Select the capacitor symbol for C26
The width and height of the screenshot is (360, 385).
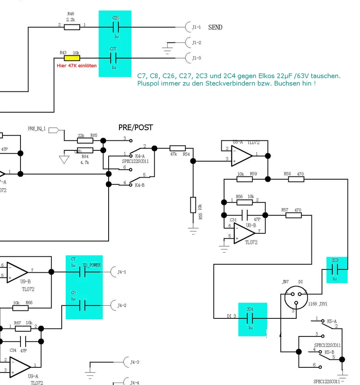115,27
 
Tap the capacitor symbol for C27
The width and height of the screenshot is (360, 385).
113,58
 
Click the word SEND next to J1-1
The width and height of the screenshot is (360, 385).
215,27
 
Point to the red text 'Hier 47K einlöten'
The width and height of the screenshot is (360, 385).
77,65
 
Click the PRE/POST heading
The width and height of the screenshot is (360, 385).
136,128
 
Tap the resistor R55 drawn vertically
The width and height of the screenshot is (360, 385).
193,205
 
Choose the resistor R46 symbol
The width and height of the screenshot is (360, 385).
72,27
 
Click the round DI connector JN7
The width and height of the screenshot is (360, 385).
296,297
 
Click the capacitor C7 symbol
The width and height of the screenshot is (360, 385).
83,272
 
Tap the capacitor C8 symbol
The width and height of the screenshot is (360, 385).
83,306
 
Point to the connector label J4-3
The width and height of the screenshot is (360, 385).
134,362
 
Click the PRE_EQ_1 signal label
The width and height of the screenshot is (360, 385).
37,129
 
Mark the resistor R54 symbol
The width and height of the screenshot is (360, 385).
178,148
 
